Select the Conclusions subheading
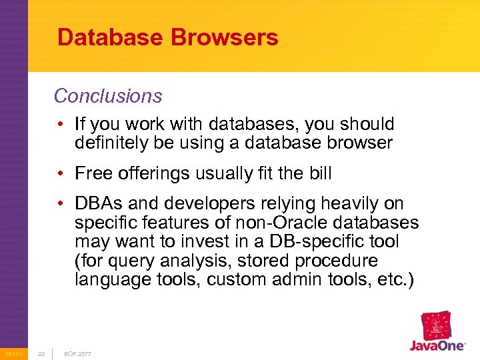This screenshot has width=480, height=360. pos(108,96)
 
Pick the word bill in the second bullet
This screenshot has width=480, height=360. pos(319,174)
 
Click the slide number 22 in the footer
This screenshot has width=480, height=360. pos(41,353)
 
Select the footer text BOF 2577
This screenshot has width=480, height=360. pos(77,353)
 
